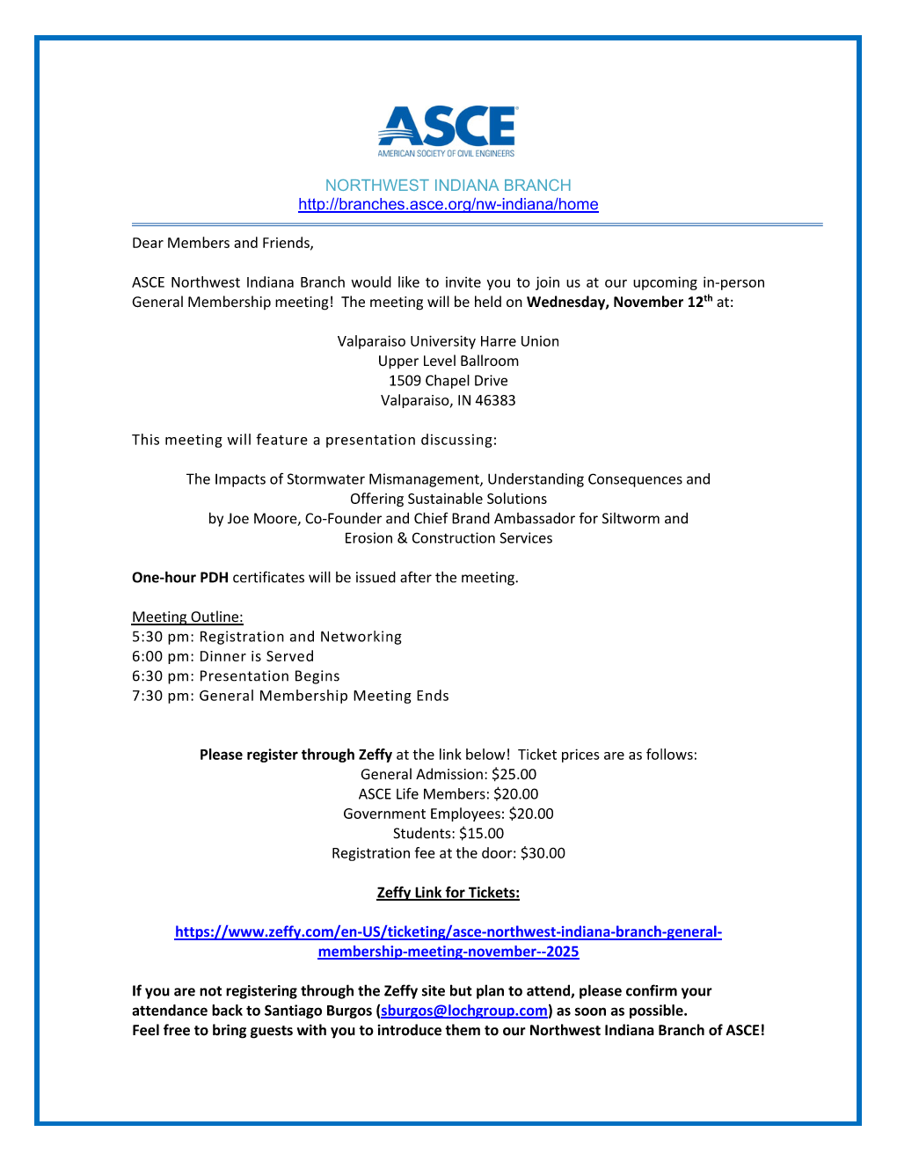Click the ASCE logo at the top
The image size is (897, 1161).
click(448, 131)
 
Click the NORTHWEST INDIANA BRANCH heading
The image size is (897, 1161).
click(448, 186)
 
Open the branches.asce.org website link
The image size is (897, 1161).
click(448, 205)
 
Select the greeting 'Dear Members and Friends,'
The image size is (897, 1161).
click(222, 244)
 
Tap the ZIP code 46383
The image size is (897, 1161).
click(495, 401)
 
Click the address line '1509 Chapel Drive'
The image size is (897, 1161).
click(448, 381)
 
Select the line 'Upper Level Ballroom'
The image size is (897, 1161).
click(448, 361)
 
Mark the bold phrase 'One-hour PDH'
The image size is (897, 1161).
click(180, 578)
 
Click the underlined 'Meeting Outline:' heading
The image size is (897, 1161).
click(187, 617)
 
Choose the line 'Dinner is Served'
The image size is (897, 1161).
click(256, 657)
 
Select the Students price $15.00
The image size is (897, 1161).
click(481, 834)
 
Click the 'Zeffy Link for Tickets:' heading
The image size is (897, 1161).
click(448, 893)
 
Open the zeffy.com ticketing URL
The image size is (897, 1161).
click(448, 932)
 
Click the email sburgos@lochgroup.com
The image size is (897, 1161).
click(464, 1011)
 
